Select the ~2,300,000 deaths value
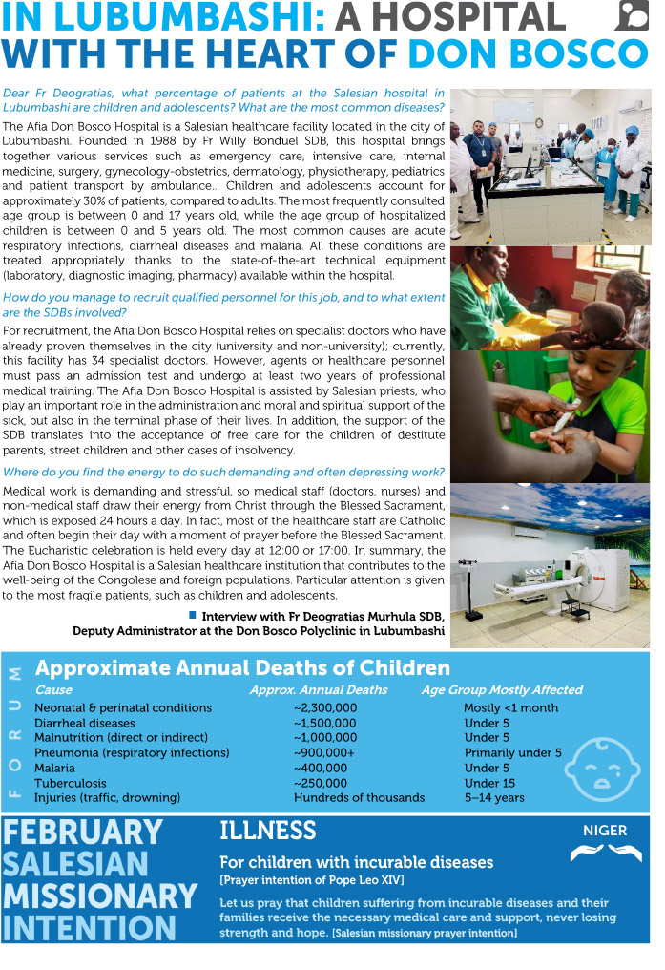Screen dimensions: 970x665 coord(325,707)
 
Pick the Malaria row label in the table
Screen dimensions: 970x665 coord(56,768)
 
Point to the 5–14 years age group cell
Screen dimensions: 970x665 coord(494,797)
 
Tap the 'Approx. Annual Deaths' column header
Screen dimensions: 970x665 coord(319,689)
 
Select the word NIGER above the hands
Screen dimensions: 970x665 coord(605,831)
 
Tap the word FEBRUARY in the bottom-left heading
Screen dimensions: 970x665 coord(82,832)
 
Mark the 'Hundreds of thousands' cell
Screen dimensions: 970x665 coord(359,797)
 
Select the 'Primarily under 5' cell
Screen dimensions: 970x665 coord(512,752)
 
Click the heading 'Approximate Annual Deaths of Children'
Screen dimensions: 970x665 coord(242,668)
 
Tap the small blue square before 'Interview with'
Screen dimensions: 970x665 coord(193,615)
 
